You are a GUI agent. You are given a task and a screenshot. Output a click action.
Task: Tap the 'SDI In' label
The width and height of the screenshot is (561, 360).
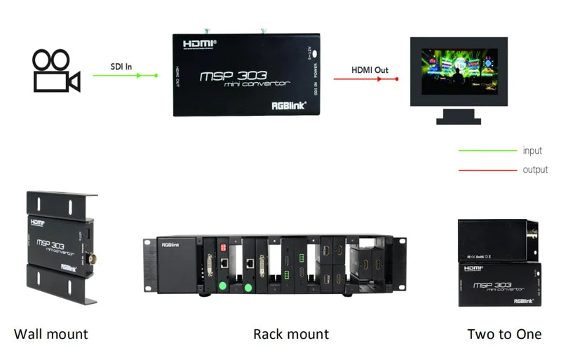tap(121, 67)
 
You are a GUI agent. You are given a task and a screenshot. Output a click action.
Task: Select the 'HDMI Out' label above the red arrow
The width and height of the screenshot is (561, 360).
tap(370, 70)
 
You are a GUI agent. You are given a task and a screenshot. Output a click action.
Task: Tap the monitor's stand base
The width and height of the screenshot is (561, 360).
tap(459, 120)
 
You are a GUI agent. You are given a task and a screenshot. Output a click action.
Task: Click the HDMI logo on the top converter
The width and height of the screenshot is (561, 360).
tap(200, 44)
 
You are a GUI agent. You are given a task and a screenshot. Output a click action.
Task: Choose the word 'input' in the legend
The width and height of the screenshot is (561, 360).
tap(532, 151)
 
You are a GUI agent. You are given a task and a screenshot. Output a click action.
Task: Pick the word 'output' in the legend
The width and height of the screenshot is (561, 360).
tap(535, 170)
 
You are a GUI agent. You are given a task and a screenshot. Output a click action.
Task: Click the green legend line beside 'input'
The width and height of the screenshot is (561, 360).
tap(487, 151)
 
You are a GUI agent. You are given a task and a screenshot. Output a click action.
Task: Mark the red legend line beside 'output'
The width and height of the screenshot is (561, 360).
tap(487, 170)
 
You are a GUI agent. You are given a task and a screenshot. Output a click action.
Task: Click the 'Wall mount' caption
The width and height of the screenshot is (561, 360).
tap(51, 333)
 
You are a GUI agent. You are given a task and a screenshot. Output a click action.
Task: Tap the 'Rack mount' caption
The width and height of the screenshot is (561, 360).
tap(291, 333)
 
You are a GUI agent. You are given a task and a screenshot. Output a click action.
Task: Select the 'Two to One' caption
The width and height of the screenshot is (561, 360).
tap(504, 333)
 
